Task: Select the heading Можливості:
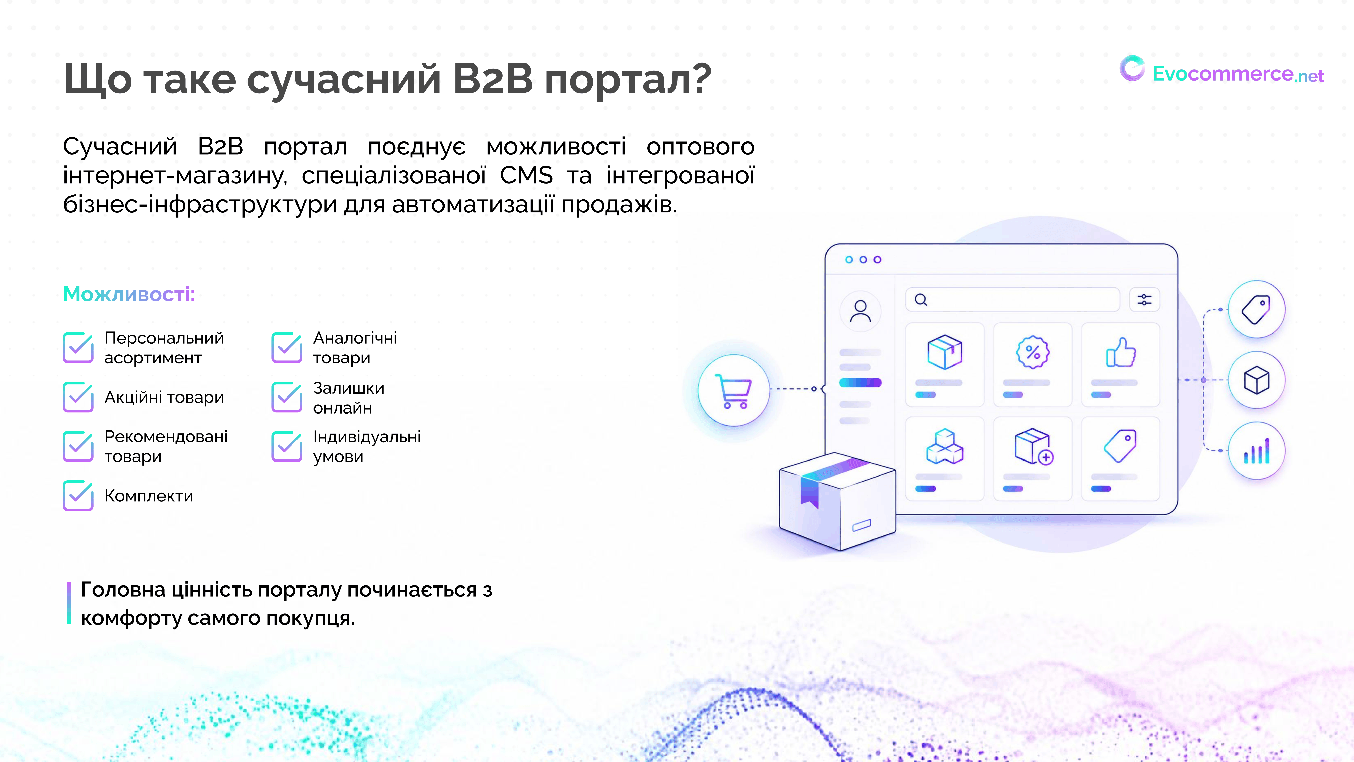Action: click(129, 294)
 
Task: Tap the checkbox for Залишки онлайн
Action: click(287, 397)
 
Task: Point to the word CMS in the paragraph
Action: click(526, 175)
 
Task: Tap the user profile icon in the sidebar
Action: click(861, 311)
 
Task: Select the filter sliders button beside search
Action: click(1144, 300)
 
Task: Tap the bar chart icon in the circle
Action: click(1257, 451)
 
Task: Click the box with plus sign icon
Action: click(1033, 447)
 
